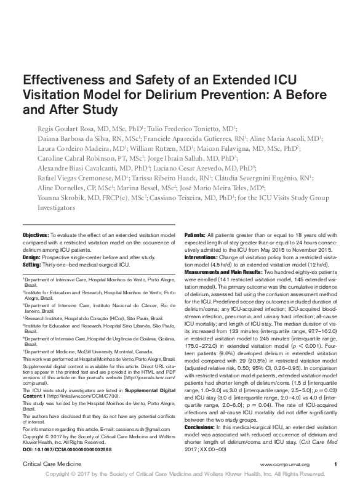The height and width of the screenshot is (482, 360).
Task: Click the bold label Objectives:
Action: (36, 236)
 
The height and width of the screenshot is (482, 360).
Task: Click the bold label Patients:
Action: (195, 236)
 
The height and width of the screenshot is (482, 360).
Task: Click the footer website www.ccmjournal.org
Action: (284, 464)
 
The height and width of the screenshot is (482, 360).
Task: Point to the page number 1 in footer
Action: (335, 464)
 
